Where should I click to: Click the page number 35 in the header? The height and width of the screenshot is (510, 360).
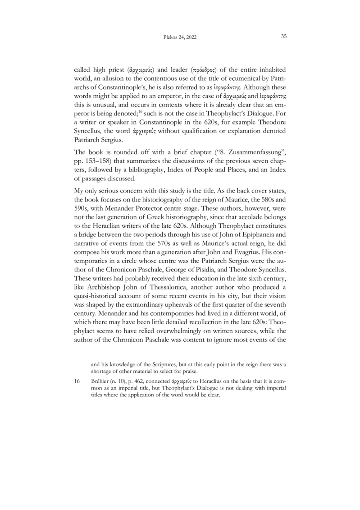[284, 37]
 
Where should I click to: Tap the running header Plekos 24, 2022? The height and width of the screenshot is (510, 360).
[180, 37]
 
